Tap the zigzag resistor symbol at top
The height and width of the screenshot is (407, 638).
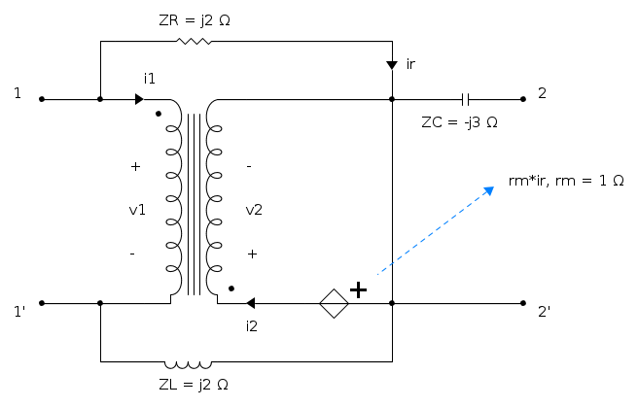click(195, 42)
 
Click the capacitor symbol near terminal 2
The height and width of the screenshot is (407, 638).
click(466, 99)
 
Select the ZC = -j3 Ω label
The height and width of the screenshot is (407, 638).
click(459, 122)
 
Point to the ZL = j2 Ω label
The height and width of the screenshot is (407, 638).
click(194, 384)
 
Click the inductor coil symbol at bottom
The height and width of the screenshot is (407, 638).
click(195, 362)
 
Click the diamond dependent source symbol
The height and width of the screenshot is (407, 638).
click(334, 303)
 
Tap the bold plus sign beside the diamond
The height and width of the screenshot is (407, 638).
click(358, 288)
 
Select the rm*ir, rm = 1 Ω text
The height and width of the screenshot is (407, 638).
click(566, 182)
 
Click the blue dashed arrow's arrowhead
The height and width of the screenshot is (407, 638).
click(490, 189)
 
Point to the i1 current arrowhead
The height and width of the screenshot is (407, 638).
click(140, 99)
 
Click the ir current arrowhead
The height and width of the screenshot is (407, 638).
click(391, 65)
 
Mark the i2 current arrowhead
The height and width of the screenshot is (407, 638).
click(251, 303)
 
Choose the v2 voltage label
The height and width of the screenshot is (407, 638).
click(253, 210)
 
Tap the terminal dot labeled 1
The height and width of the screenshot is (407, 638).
click(41, 99)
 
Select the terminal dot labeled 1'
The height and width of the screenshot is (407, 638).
click(41, 303)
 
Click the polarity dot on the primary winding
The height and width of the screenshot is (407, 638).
click(159, 113)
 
